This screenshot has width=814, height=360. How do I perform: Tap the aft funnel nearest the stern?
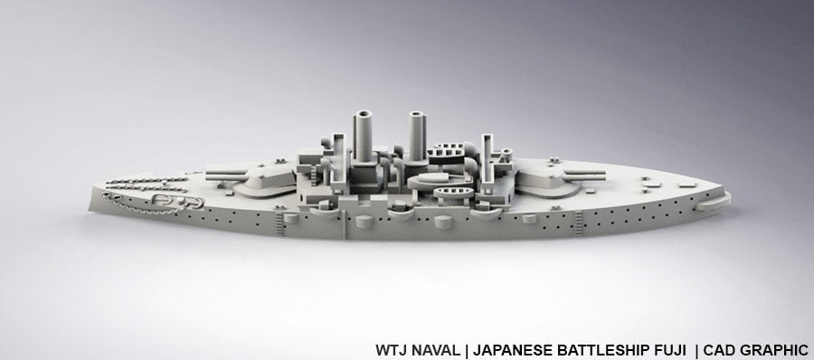[418, 136]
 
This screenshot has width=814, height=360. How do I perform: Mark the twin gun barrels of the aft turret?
[590, 165]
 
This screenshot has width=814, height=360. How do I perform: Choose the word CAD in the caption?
[716, 348]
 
